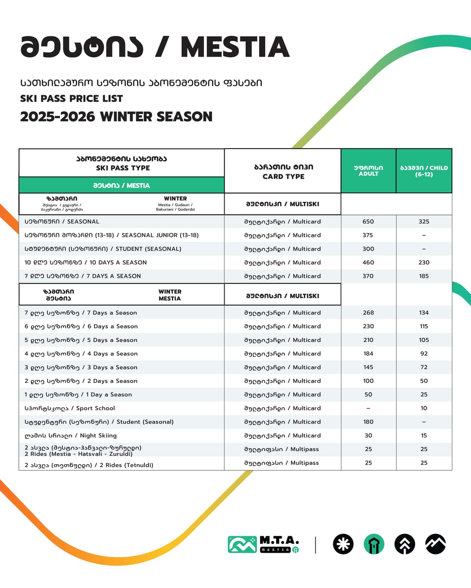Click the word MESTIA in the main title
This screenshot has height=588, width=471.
click(x=235, y=47)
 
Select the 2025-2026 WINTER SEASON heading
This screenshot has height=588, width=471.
click(x=116, y=116)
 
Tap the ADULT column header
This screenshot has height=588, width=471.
click(x=369, y=171)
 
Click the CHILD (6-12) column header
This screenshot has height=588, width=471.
click(x=424, y=171)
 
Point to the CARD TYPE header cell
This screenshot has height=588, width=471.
click(x=283, y=172)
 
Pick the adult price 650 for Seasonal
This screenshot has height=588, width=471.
click(x=368, y=221)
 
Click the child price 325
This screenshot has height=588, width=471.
click(x=424, y=221)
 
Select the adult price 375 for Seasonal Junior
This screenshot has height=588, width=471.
click(x=368, y=235)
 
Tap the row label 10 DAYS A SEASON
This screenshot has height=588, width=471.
click(x=85, y=262)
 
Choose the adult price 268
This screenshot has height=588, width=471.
click(x=368, y=313)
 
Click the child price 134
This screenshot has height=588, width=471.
click(x=424, y=313)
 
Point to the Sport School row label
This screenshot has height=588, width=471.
click(x=70, y=408)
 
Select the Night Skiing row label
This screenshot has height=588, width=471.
click(x=71, y=435)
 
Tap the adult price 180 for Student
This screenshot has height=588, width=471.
click(x=368, y=421)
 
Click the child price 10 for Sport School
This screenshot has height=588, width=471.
click(x=424, y=408)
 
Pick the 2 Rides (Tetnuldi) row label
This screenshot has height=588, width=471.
click(x=89, y=465)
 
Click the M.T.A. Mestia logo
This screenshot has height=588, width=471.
click(x=263, y=544)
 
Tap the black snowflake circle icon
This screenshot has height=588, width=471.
click(x=343, y=544)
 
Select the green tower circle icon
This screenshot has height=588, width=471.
click(x=374, y=544)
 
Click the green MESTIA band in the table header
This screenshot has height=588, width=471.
click(x=121, y=185)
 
